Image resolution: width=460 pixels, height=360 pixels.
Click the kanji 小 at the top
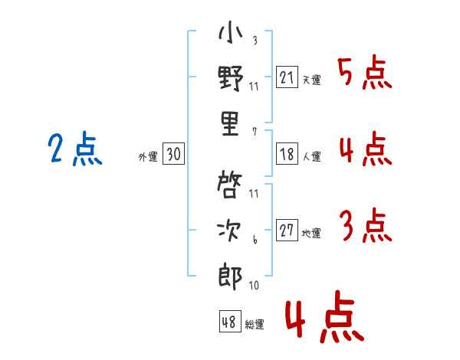[230, 33]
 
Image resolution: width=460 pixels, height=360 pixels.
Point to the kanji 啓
[230, 185]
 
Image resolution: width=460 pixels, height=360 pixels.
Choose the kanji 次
[230, 229]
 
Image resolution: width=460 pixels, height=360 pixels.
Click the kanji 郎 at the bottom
[230, 276]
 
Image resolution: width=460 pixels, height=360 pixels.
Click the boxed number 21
[287, 77]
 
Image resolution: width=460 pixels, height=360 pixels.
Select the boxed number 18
[287, 154]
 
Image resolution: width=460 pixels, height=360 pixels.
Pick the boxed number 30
[173, 155]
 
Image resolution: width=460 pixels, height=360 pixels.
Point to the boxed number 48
[229, 322]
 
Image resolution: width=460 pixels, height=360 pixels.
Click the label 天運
[312, 80]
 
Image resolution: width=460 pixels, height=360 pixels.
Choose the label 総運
[255, 325]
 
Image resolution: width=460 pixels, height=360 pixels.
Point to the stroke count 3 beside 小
[254, 41]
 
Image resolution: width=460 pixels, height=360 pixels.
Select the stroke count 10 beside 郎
[254, 286]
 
